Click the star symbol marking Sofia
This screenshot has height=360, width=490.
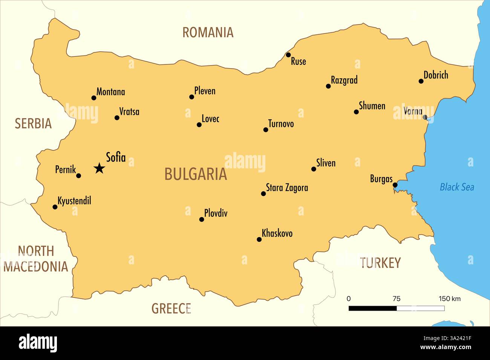click(x=99, y=168)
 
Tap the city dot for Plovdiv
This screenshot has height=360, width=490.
click(x=202, y=219)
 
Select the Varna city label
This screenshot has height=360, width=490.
click(x=413, y=111)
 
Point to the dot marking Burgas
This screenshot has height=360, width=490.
click(x=395, y=185)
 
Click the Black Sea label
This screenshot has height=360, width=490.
click(x=457, y=187)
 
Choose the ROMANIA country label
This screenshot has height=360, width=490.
click(x=208, y=32)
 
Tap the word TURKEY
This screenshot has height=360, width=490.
click(x=380, y=263)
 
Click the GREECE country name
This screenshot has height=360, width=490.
click(x=171, y=308)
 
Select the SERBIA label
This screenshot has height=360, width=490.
click(x=33, y=124)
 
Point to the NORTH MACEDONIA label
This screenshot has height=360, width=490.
click(x=36, y=259)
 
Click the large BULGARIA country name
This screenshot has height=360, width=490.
click(x=196, y=174)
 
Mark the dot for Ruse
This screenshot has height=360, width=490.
click(x=288, y=55)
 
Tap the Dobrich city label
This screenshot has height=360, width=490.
click(x=436, y=75)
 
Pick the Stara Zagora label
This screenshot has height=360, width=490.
click(x=287, y=188)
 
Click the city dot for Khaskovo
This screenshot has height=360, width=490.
click(x=259, y=239)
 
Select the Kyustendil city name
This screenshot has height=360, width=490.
click(x=74, y=200)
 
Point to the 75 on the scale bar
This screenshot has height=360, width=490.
click(x=396, y=299)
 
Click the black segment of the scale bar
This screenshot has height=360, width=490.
click(x=372, y=308)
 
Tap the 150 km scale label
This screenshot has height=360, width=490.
click(x=449, y=299)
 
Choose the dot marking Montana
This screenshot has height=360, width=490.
click(x=94, y=98)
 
